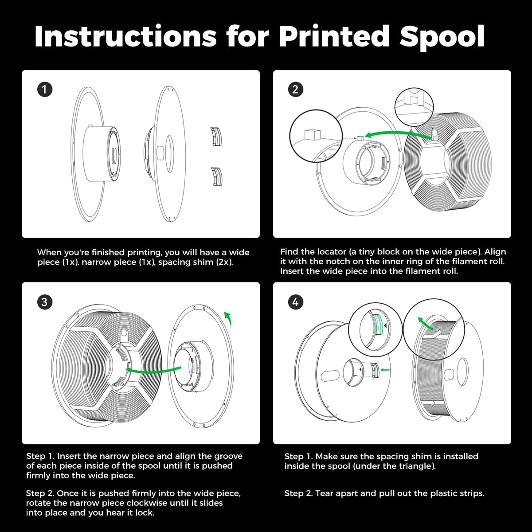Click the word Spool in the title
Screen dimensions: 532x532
[442, 37]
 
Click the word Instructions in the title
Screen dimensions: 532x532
[125, 36]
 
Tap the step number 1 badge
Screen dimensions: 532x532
[45, 90]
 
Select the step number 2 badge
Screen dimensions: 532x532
[295, 90]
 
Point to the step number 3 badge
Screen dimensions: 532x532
[45, 302]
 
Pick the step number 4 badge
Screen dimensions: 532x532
[295, 302]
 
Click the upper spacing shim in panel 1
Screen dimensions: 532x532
[216, 136]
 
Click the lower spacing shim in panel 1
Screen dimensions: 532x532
[217, 177]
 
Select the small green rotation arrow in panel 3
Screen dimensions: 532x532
[228, 319]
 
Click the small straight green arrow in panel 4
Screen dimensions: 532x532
[385, 370]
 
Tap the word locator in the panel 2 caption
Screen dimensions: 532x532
[331, 252]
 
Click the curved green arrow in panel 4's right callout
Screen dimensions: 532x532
[425, 323]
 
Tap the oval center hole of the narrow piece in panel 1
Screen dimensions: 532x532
[169, 153]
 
